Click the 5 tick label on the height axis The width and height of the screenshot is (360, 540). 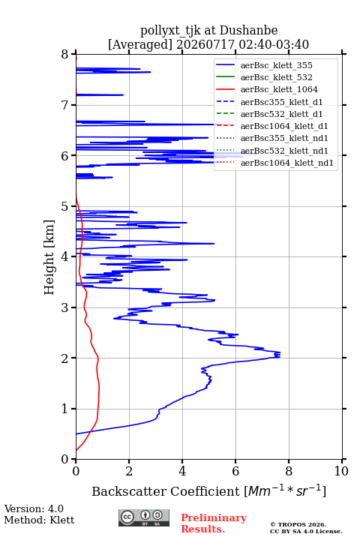coord(64,206)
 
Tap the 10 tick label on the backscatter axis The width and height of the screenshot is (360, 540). coord(341,471)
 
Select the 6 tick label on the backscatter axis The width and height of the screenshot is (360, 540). coord(235,471)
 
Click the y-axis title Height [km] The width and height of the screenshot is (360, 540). coord(49,257)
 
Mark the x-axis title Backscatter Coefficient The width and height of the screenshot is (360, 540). coord(166,491)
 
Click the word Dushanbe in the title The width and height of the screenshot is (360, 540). coord(248,30)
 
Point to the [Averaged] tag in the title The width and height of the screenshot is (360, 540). coord(139,45)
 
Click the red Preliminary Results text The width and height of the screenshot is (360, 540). coord(214,523)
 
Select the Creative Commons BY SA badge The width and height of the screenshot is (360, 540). coord(144,518)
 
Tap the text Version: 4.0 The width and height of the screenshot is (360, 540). coord(34,508)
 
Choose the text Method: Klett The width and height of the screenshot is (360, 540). coord(39,520)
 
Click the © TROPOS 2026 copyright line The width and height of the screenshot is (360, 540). coord(298,524)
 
